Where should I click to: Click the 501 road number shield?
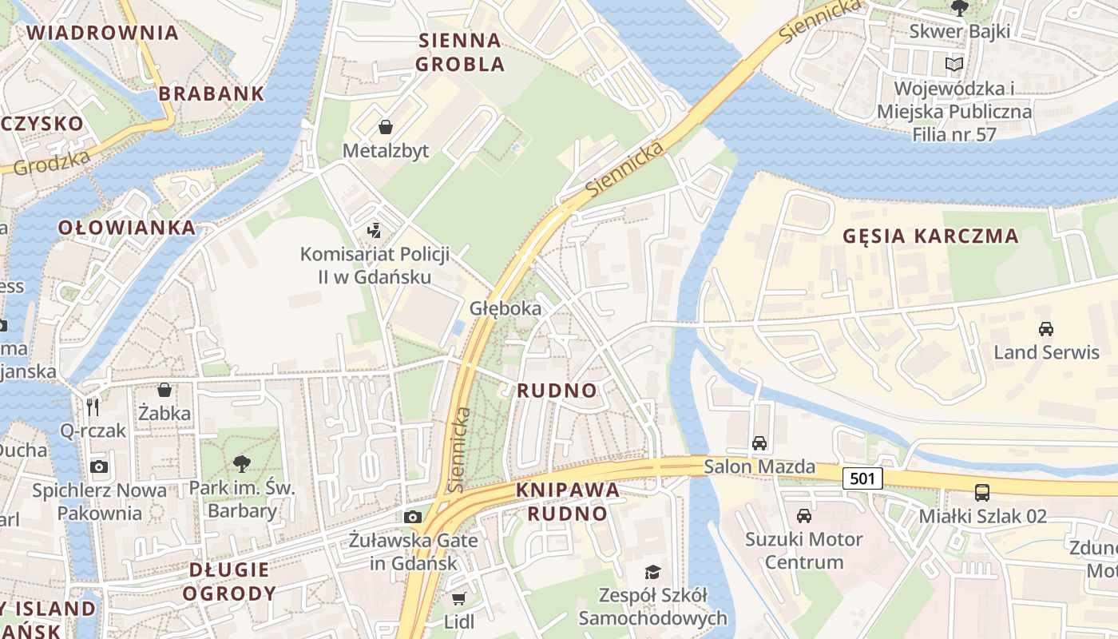[x=862, y=478]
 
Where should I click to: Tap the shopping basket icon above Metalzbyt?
[x=386, y=127]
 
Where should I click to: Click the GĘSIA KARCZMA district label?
[x=931, y=236]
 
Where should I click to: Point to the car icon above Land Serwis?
[x=1045, y=328]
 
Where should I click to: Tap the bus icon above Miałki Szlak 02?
[x=981, y=493]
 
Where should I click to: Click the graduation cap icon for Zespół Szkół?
[x=653, y=572]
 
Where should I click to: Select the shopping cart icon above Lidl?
[x=458, y=599]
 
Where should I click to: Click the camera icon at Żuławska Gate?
[x=413, y=517]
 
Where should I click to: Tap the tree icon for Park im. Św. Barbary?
[x=242, y=463]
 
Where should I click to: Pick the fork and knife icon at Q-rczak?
[x=93, y=407]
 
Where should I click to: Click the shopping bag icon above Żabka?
[x=165, y=390]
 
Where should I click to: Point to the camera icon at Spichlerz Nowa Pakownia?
[x=99, y=466]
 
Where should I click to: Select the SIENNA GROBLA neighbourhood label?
[x=460, y=52]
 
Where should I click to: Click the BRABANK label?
[x=211, y=93]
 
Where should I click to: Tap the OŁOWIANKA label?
[x=127, y=228]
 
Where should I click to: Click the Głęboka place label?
[x=505, y=308]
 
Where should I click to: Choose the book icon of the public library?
[x=954, y=64]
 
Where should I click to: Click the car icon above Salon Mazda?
[x=759, y=443]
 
